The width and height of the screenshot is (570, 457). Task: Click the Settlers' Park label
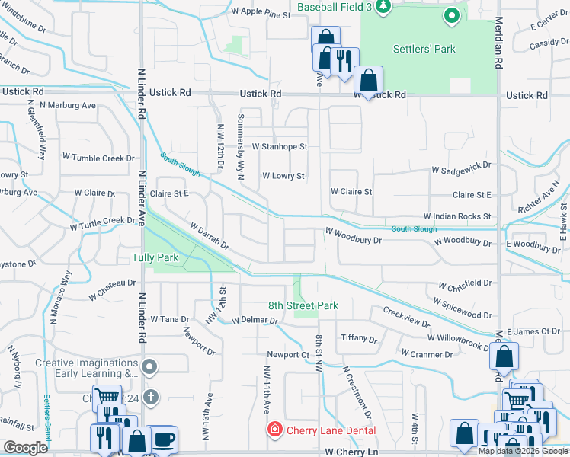point(424,49)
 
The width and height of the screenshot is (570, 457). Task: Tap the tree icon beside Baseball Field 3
point(384,7)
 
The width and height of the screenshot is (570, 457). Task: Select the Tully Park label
point(155,258)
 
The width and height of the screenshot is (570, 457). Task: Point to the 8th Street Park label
point(303,306)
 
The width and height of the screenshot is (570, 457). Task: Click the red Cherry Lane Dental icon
point(274,430)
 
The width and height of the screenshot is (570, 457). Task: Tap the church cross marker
point(151,396)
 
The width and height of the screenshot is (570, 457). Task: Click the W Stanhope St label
point(279,146)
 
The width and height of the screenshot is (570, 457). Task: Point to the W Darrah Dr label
point(210,236)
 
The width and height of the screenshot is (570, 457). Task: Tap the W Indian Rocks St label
point(457,217)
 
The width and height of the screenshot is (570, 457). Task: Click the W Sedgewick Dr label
point(462,165)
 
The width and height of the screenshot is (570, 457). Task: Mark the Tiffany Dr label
point(358,337)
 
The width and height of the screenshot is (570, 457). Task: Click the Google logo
point(26,448)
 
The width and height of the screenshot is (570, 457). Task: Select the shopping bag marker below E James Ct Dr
point(504,356)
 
